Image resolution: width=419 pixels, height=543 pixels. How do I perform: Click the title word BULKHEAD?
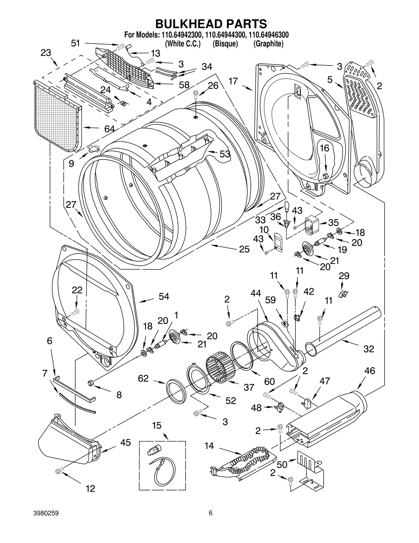click(x=186, y=24)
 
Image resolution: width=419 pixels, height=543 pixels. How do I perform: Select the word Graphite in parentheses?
click(x=268, y=44)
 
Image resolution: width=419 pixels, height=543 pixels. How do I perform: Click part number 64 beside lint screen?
click(x=109, y=129)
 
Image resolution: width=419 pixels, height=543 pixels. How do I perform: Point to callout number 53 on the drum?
click(x=225, y=154)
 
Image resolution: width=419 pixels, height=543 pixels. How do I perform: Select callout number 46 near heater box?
click(x=370, y=371)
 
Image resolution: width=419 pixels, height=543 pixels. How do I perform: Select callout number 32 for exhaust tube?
click(x=369, y=349)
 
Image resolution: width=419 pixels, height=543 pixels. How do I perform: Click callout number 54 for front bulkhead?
click(x=164, y=297)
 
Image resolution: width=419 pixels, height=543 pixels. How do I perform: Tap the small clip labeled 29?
click(x=342, y=294)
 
